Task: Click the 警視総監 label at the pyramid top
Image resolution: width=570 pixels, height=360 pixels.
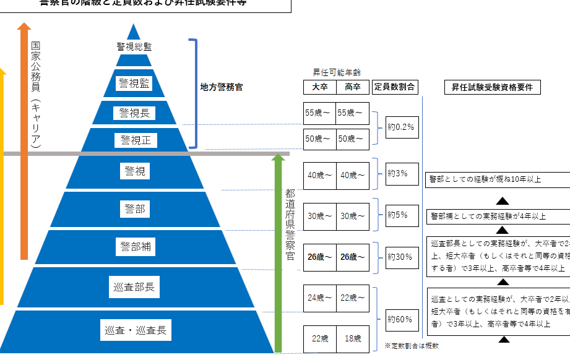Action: pos(134,46)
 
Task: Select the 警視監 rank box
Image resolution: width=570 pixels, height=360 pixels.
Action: pos(134,83)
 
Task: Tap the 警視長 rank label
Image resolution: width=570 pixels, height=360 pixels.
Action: pos(134,113)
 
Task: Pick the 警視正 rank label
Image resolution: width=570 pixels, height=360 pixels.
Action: pos(135,140)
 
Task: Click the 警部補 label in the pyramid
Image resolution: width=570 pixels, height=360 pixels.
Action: pos(135,247)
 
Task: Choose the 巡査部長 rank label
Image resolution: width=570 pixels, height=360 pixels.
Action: pos(135,287)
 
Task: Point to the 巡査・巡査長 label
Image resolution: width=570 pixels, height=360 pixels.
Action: pos(135,330)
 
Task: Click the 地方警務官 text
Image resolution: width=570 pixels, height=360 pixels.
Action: pos(221,88)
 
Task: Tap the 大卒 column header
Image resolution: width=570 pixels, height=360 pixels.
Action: pos(320,87)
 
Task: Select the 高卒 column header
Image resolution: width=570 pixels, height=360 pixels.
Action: pos(353,87)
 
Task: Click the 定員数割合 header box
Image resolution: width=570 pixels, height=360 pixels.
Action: pos(394,87)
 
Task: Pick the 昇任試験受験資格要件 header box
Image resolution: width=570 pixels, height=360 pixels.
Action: pos(492,87)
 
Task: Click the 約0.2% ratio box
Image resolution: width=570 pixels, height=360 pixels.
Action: pos(402,127)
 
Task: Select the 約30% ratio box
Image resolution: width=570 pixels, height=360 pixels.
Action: pos(402,257)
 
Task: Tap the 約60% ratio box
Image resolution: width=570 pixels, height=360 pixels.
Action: pos(402,320)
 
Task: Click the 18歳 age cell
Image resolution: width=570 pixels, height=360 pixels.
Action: pos(353,339)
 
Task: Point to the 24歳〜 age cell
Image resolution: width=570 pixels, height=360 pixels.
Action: pos(320,298)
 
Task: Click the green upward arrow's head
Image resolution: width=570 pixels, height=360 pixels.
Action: pos(278,159)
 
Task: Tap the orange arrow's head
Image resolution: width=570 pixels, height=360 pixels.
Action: pos(24,27)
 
